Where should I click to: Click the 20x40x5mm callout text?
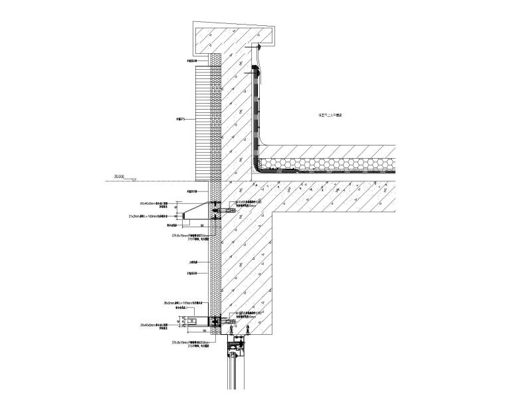pos(158,325)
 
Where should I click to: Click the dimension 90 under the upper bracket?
pos(202,226)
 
